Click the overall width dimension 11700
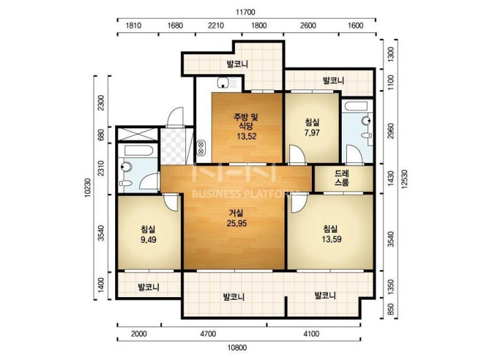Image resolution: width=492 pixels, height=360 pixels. [x=246, y=12]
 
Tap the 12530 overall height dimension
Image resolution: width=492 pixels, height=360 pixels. [x=404, y=179]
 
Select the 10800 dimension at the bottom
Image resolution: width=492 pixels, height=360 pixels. [x=237, y=347]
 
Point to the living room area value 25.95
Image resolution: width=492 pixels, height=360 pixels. [x=236, y=223]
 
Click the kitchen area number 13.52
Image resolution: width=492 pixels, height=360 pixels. [x=246, y=136]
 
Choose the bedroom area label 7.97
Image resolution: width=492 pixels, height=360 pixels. [x=312, y=132]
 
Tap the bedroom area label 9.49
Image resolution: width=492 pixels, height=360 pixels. [x=148, y=240]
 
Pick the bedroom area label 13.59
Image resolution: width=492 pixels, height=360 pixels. [x=331, y=239]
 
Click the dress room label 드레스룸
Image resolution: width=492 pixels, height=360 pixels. [x=342, y=178]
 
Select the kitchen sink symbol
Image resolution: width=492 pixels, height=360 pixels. [x=227, y=83]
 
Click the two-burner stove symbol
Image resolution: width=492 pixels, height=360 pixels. [x=201, y=148]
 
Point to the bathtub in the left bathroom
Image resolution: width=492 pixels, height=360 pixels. [x=138, y=150]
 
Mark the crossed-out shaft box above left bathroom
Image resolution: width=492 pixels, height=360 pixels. [x=137, y=134]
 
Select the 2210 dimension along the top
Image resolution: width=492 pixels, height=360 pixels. [x=216, y=25]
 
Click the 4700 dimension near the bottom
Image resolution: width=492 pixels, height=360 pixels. [x=208, y=334]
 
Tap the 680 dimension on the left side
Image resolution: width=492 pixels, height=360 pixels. [x=101, y=135]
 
